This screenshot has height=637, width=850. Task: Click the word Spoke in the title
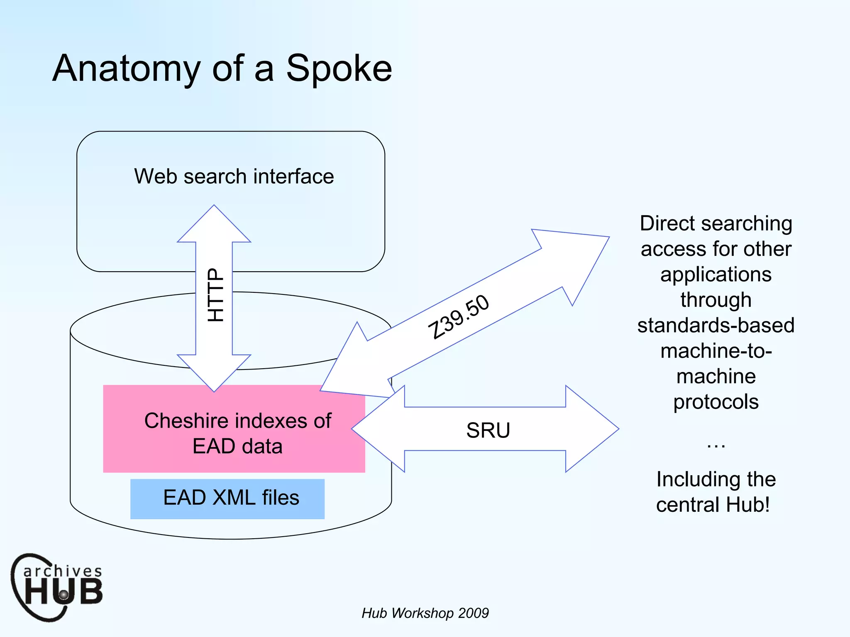click(x=339, y=68)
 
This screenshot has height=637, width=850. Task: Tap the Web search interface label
click(x=234, y=176)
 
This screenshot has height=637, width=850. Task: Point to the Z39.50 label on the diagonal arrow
click(x=459, y=317)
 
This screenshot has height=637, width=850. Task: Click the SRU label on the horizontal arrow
click(x=488, y=430)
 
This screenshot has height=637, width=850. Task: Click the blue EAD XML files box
click(x=227, y=498)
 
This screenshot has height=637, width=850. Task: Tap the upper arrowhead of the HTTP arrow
click(x=214, y=226)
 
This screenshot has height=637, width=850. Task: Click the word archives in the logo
click(x=62, y=571)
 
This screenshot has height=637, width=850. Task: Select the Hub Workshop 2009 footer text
click(x=425, y=613)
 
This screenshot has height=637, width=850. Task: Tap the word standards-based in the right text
click(x=716, y=325)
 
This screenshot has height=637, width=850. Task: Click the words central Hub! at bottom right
click(x=713, y=505)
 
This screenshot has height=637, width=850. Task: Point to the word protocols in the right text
click(x=716, y=402)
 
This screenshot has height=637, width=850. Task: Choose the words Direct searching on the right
click(x=716, y=224)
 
